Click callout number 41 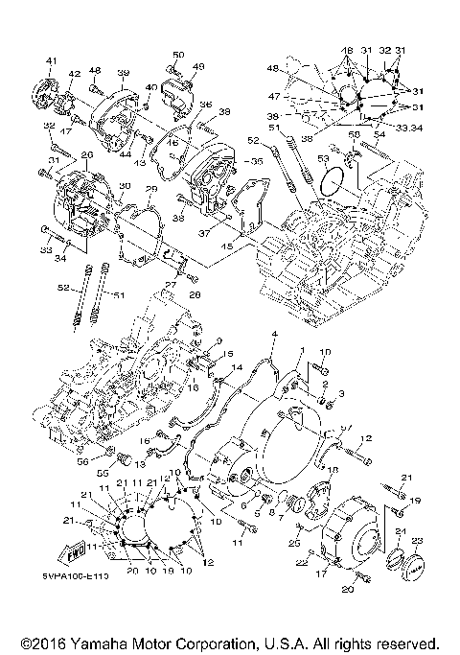(51, 61)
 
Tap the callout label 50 (178, 54)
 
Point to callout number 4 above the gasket (273, 335)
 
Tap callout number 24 (402, 533)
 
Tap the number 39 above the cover (123, 73)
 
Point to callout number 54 (379, 132)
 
